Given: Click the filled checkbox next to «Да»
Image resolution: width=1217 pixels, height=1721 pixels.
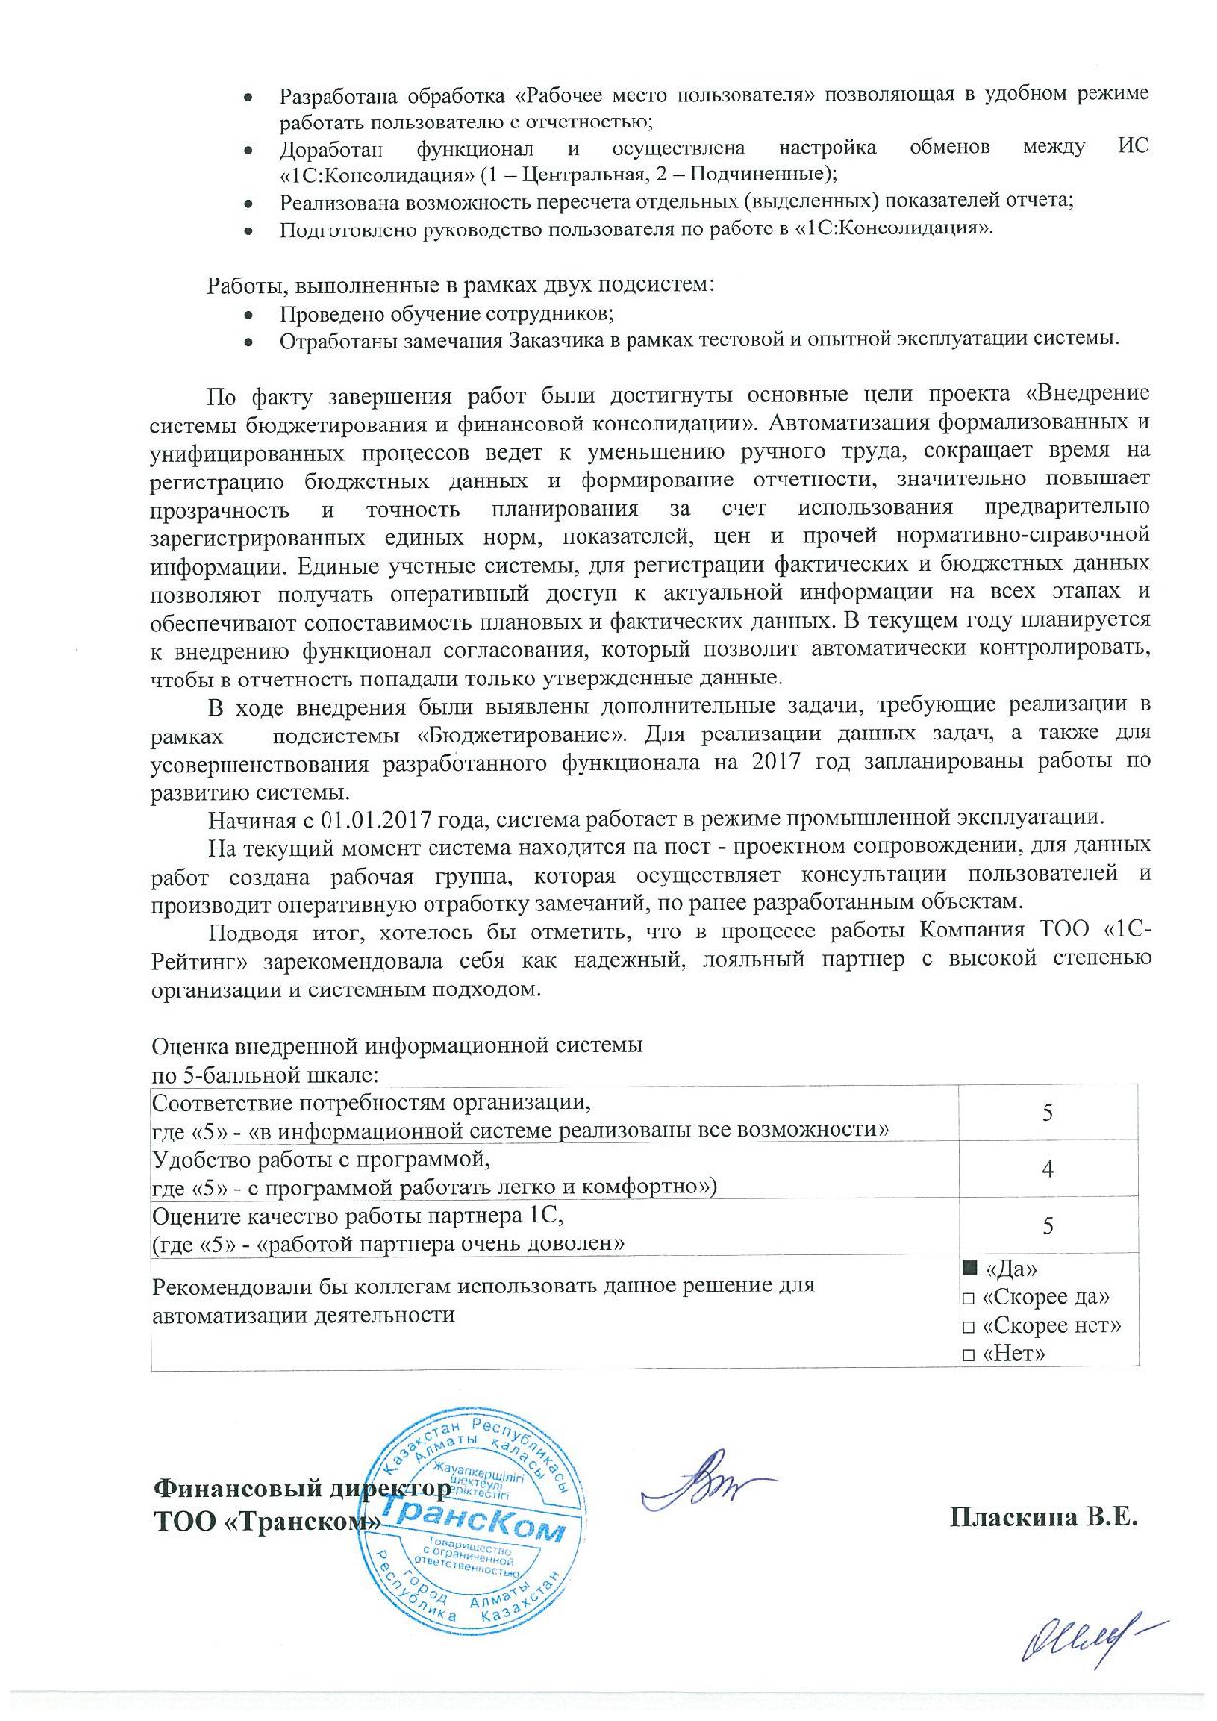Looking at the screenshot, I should tap(970, 1268).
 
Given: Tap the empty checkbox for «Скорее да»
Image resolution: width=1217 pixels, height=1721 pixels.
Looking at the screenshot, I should tap(969, 1298).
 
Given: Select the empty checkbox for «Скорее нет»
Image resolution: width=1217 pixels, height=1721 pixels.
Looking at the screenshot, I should tap(969, 1327).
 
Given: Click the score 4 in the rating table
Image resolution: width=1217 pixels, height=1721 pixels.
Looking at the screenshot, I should tap(1048, 1169).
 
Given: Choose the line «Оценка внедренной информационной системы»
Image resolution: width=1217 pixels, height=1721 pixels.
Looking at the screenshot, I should tap(397, 1045).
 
